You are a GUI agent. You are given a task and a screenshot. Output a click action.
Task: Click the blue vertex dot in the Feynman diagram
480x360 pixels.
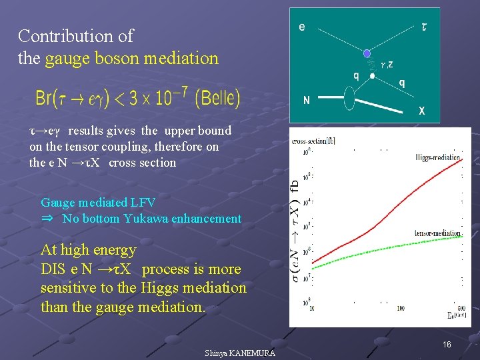pos(366,53)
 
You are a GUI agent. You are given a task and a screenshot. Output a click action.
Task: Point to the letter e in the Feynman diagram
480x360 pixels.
pos(302,27)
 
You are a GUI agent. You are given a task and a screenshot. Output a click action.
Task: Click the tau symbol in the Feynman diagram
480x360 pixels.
pos(425,27)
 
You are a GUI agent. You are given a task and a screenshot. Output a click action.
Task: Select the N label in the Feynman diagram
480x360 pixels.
pos(306,101)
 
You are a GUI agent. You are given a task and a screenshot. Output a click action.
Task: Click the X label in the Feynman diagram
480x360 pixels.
pos(422,111)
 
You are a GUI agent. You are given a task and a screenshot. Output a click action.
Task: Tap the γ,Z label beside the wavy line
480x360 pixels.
pos(385,64)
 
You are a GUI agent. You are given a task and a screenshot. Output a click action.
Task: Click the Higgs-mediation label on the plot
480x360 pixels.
pos(437,158)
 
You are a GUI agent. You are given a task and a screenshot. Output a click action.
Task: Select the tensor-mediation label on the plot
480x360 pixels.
pos(437,233)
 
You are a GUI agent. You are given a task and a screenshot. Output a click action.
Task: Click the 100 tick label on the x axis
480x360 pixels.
pos(400,308)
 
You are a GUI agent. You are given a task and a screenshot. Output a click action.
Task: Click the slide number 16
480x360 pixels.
pos(447,344)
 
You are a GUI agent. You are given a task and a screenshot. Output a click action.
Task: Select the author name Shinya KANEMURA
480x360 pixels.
pos(239,353)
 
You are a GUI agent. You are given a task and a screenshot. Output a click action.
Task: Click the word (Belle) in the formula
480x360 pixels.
pos(218,99)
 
